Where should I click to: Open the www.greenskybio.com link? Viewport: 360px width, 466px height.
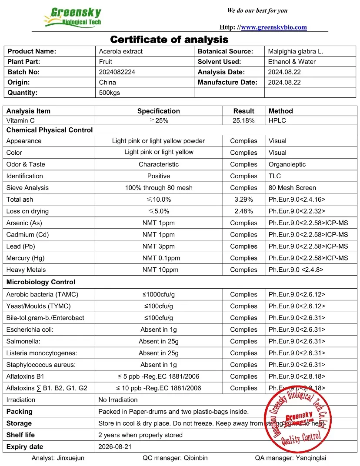tap(273, 27)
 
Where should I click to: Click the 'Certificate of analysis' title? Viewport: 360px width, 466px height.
tap(169, 40)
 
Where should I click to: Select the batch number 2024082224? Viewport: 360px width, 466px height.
tap(117, 72)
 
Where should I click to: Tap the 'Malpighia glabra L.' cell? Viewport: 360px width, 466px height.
tap(296, 51)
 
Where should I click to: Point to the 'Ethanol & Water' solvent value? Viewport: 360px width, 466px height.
tap(292, 62)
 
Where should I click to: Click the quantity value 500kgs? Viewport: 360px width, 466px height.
tap(110, 93)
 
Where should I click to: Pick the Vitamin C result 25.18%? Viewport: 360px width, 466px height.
tap(243, 120)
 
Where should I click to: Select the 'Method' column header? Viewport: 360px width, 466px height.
tap(280, 111)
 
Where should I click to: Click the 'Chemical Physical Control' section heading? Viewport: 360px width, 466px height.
tap(50, 130)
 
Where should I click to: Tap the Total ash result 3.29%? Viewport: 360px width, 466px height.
tap(243, 200)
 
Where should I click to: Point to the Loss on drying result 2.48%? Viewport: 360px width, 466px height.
tap(243, 211)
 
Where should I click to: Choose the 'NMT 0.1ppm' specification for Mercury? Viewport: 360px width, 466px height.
tap(159, 258)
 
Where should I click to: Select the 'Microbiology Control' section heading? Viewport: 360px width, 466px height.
tap(41, 282)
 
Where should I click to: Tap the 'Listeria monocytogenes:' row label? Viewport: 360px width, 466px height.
tap(41, 353)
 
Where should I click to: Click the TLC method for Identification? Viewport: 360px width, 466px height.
tap(275, 176)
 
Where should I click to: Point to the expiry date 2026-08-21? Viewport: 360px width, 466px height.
tap(115, 446)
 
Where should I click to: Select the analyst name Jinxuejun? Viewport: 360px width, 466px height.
tap(58, 458)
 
